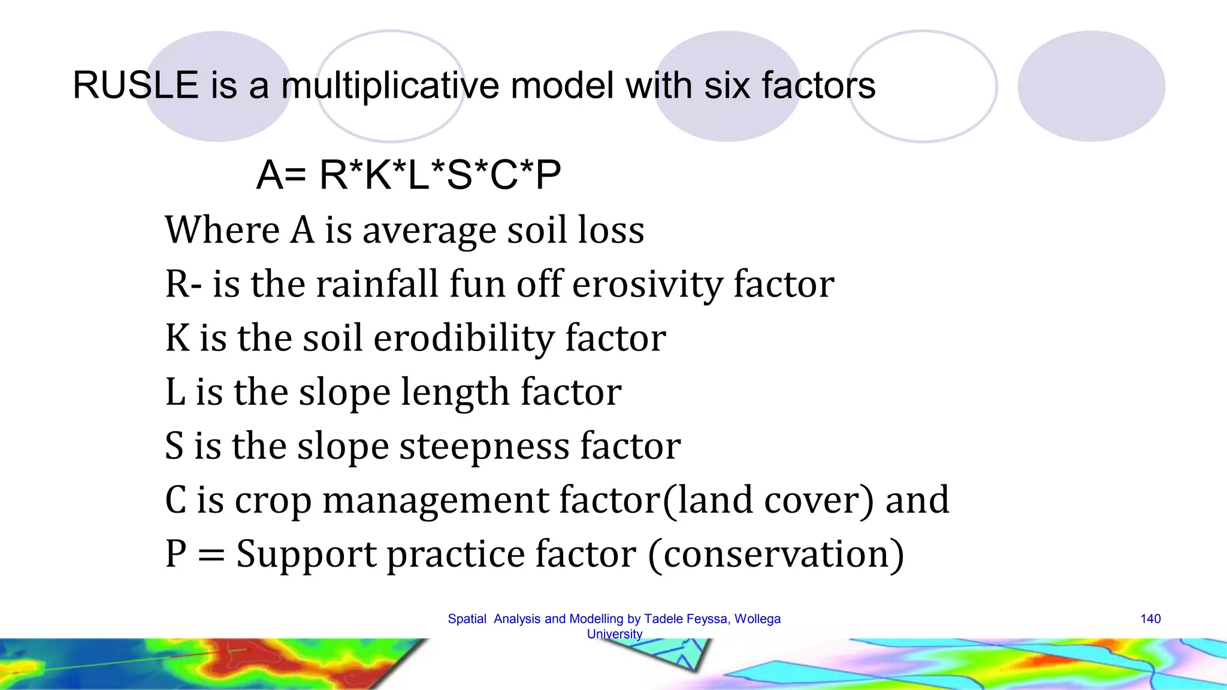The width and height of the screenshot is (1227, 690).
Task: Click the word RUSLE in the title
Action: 135,85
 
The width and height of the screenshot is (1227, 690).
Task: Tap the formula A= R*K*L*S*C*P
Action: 409,175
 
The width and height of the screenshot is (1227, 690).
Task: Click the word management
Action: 436,500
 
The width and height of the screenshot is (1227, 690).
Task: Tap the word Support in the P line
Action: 306,554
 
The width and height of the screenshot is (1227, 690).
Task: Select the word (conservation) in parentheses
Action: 776,554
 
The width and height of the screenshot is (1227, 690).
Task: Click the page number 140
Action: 1150,619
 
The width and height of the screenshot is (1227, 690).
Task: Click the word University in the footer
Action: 614,634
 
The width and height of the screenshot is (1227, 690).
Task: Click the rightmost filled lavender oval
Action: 1091,86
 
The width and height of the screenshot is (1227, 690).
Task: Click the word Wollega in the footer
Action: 757,619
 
